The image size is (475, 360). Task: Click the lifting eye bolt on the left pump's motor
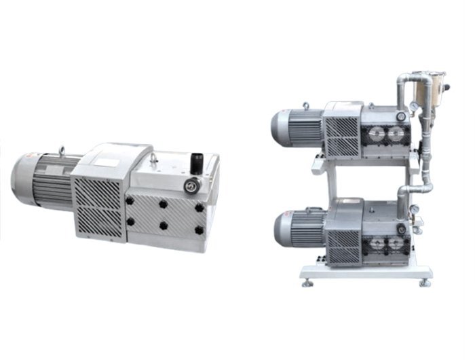tap(62, 150)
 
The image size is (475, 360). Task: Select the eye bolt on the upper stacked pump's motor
tap(306, 106)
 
